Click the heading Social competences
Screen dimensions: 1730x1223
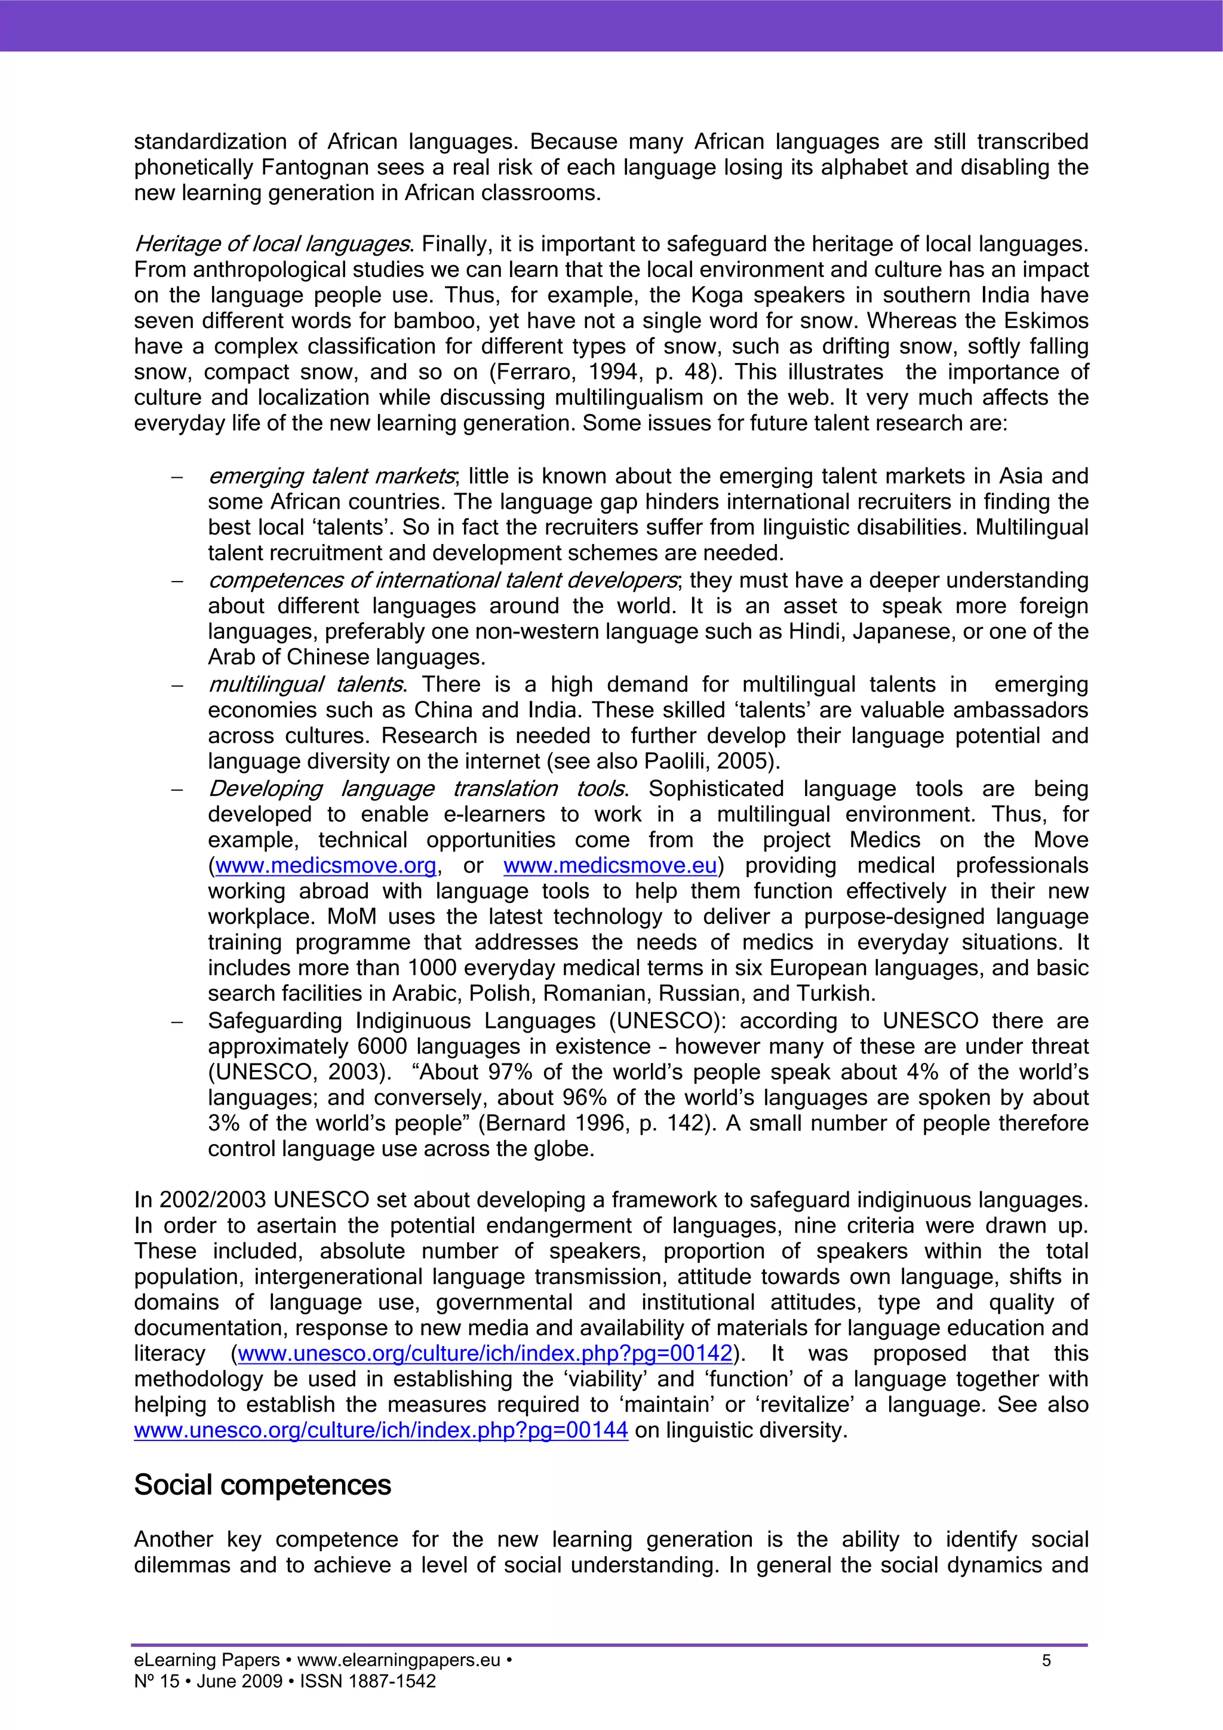[262, 1485]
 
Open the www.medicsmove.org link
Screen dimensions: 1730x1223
[325, 866]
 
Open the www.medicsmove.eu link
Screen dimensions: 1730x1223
[610, 866]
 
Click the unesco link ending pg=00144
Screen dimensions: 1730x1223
[380, 1430]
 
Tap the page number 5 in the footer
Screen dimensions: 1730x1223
[1046, 1661]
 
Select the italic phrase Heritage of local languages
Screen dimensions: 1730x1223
[272, 244]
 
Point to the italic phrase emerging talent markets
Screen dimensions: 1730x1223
[331, 476]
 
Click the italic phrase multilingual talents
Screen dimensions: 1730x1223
[305, 684]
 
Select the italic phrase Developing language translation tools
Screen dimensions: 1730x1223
[416, 788]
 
